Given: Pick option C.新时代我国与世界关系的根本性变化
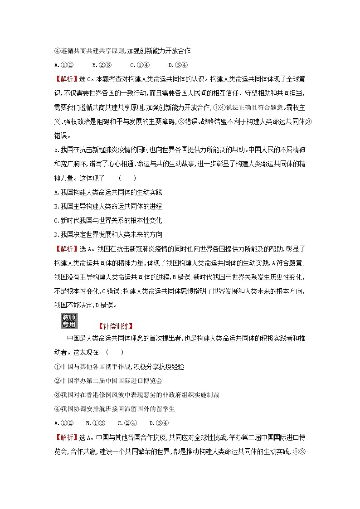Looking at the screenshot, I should [108, 220].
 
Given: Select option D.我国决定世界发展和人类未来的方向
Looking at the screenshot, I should [108, 234].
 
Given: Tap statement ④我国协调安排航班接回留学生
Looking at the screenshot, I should [114, 409].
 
